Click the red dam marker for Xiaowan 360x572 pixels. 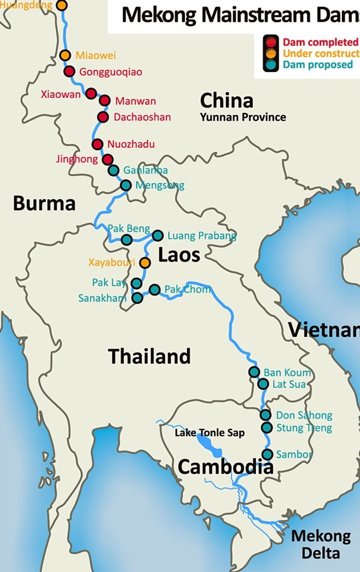91,94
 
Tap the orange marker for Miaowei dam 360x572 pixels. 65,55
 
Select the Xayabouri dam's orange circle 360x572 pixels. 145,263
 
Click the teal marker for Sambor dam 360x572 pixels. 267,454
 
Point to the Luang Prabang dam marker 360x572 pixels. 158,235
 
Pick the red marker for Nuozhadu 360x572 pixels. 97,144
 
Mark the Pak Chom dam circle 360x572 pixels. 154,289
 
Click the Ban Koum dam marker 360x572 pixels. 254,372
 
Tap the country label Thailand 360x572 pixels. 149,356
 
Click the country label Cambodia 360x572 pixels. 225,467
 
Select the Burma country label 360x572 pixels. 44,204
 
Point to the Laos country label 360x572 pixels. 179,255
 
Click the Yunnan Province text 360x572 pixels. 242,117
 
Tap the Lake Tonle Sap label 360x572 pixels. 209,433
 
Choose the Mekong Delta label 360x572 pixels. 321,544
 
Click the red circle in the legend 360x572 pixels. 271,42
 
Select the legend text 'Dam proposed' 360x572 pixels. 317,65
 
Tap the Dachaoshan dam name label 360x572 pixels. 142,117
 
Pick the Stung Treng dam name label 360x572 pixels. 303,428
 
